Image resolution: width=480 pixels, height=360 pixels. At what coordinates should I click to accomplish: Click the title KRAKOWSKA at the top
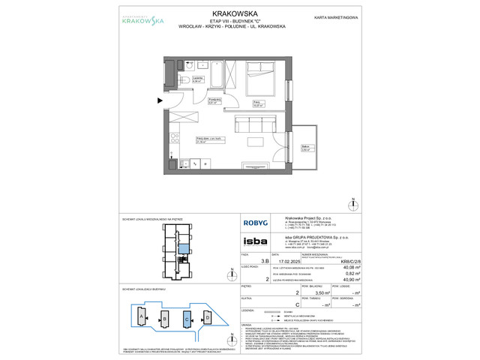coord(241,13)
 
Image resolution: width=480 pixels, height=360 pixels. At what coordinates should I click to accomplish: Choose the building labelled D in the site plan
coord(207,317)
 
